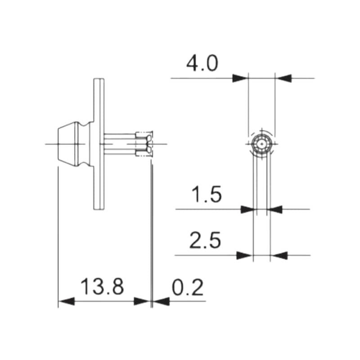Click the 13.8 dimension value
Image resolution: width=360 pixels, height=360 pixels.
pos(102,287)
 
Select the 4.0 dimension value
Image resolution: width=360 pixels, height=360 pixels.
pos(202,64)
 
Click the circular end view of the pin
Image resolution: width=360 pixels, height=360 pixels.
pos(261,144)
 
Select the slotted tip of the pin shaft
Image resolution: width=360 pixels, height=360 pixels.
pos(144,144)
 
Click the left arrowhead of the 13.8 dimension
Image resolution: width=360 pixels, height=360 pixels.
pos(66,301)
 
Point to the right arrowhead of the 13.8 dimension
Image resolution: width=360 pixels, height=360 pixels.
pos(142,301)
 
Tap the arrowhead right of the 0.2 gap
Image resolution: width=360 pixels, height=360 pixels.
pos(161,301)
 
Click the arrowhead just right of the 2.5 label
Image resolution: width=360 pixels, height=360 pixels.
pos(244,256)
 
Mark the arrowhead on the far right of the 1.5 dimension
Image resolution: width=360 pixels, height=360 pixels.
pos(275,209)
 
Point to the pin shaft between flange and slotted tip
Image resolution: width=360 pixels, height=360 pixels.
pos(120,144)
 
